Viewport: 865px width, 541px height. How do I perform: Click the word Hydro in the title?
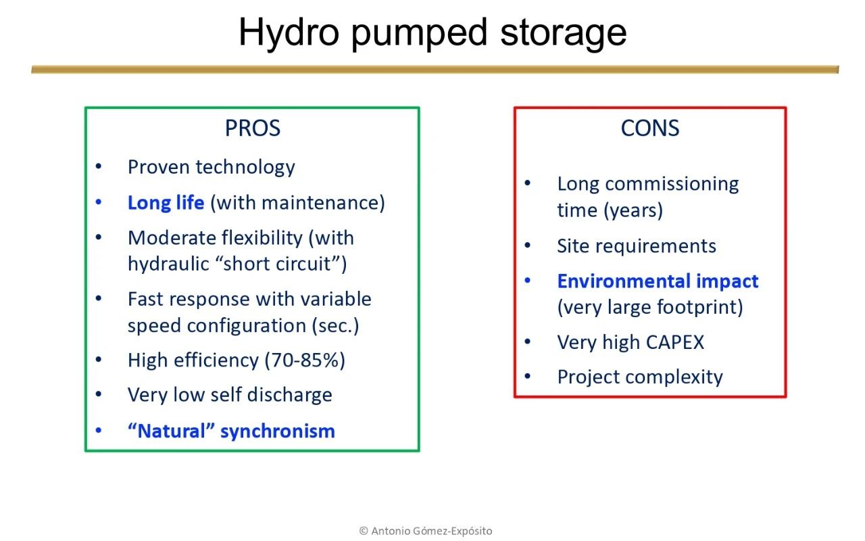289,33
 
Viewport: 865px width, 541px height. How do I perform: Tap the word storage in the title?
564,34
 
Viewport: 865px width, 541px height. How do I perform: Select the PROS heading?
253,128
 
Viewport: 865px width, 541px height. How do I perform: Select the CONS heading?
650,128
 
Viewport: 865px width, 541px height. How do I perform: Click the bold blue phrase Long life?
166,203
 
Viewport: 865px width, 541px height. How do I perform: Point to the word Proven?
159,167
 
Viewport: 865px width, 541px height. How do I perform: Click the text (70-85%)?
305,360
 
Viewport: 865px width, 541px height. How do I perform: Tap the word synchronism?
278,431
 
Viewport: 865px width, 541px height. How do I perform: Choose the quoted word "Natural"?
171,431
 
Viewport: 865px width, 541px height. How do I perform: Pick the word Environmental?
624,281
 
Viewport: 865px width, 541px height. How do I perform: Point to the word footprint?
699,308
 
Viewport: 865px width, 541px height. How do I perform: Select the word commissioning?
672,185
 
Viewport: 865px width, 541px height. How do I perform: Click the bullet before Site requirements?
528,245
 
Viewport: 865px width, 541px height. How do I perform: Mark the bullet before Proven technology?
99,166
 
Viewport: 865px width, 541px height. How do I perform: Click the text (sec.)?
336,326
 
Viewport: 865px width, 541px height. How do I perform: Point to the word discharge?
290,395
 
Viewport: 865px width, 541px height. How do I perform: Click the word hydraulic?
168,264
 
